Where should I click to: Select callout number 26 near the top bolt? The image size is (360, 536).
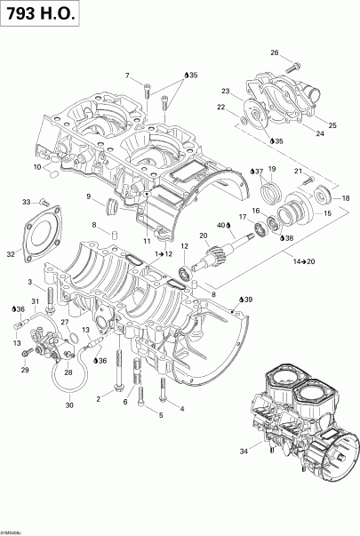[x=275, y=52]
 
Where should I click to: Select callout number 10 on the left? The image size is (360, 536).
[x=37, y=166]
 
